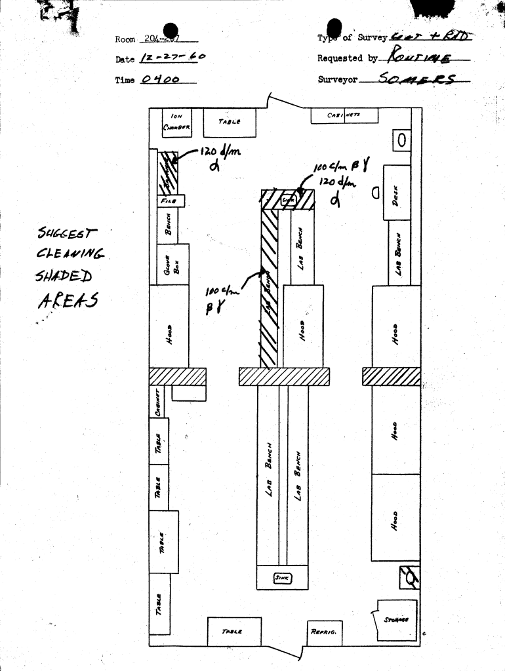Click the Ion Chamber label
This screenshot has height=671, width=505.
176,123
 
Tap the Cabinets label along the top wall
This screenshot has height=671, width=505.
344,115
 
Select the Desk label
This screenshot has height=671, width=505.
396,195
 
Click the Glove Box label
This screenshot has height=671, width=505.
172,264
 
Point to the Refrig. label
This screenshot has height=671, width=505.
323,632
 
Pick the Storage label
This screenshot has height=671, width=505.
397,619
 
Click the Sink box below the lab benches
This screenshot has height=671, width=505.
282,577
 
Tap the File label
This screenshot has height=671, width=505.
168,201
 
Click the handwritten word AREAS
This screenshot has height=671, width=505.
68,301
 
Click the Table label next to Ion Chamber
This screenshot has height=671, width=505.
230,121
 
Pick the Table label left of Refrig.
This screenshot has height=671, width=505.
232,632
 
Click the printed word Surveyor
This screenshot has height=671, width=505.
338,79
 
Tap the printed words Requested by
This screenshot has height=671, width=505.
348,58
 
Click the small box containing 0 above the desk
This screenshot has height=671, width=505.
401,140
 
